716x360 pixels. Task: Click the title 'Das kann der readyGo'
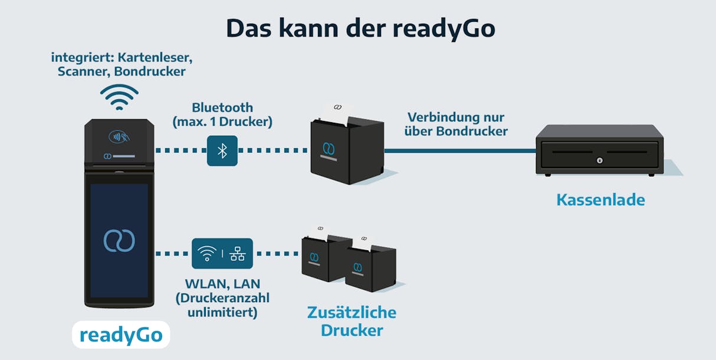pyautogui.click(x=360, y=28)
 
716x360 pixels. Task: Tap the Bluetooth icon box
pyautogui.click(x=222, y=150)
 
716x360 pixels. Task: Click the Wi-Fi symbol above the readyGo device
pyautogui.click(x=119, y=97)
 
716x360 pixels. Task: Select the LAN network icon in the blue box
pyautogui.click(x=238, y=254)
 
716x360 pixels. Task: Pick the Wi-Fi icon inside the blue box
pyautogui.click(x=207, y=254)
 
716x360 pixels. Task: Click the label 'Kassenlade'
pyautogui.click(x=600, y=199)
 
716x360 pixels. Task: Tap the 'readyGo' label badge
pyautogui.click(x=121, y=335)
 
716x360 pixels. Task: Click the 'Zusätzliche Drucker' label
pyautogui.click(x=352, y=321)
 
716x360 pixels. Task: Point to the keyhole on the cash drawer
pyautogui.click(x=600, y=160)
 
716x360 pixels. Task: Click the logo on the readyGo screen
pyautogui.click(x=119, y=240)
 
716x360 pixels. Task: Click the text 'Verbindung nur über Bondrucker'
pyautogui.click(x=455, y=124)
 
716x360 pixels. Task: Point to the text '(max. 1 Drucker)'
pyautogui.click(x=222, y=122)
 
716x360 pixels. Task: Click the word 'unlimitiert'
pyautogui.click(x=222, y=312)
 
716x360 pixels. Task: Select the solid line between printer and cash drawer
pyautogui.click(x=460, y=151)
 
